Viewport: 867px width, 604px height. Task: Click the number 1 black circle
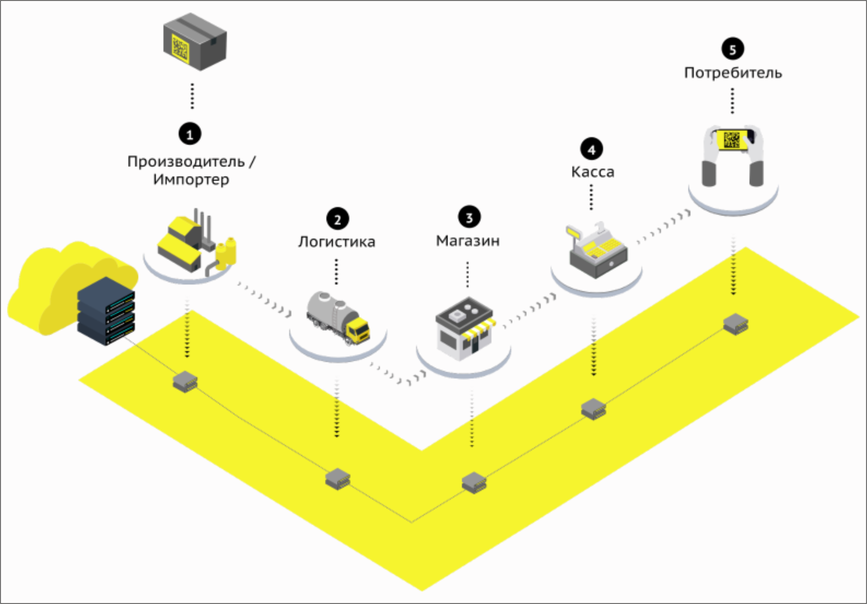click(190, 134)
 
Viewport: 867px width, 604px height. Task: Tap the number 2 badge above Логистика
click(337, 219)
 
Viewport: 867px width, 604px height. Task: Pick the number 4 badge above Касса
click(591, 149)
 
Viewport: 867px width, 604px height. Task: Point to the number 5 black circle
click(733, 49)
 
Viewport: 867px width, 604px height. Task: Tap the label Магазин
click(468, 241)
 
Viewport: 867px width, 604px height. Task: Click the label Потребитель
click(733, 73)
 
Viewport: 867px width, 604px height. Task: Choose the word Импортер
click(191, 180)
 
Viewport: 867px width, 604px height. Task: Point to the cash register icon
click(597, 251)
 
